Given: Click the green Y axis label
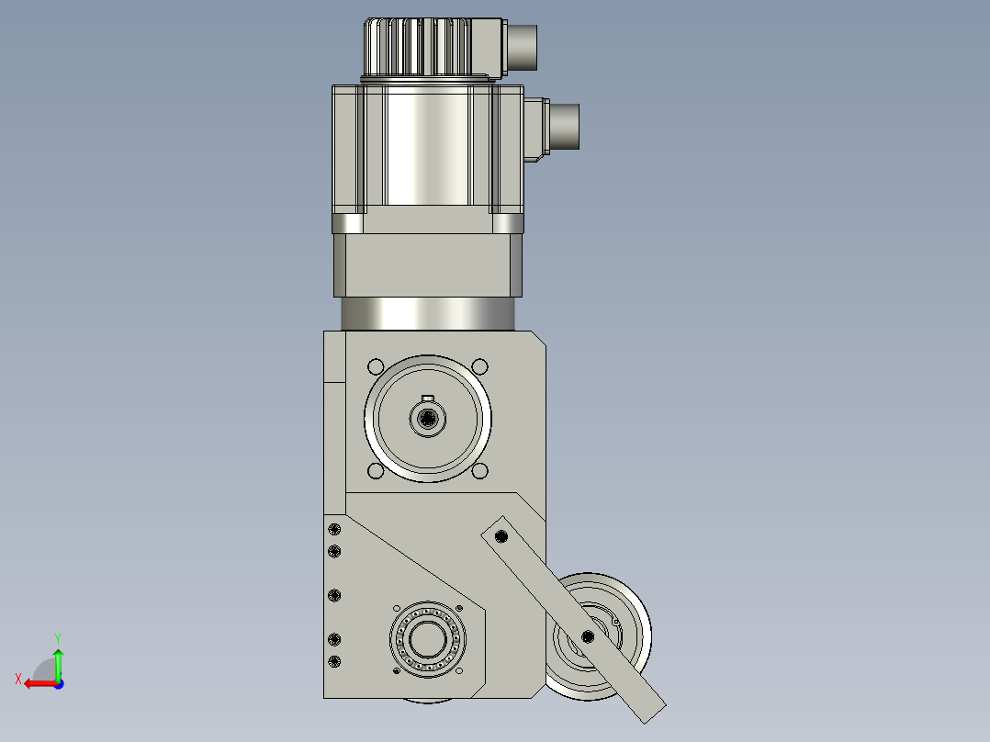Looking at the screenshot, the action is [58, 639].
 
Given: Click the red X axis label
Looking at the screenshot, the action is [18, 679].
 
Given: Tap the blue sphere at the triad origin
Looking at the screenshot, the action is [59, 684].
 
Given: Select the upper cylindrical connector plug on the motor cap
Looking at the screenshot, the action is [523, 48].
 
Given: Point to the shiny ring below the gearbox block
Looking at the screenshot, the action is [427, 314].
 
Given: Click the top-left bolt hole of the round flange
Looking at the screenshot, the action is [376, 367].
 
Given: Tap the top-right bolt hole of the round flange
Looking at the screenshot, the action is [479, 367].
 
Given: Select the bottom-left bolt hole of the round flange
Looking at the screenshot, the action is [376, 471].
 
